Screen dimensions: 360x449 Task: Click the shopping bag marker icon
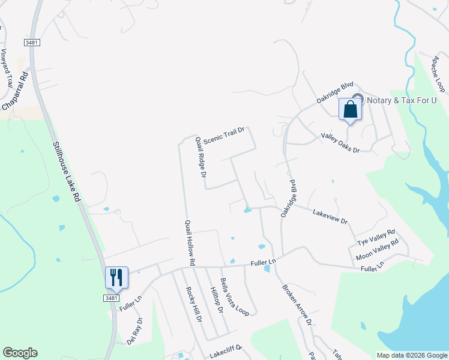pyautogui.click(x=351, y=110)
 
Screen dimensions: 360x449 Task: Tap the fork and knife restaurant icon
pyautogui.click(x=116, y=277)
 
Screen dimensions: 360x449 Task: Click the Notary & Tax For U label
pyautogui.click(x=401, y=100)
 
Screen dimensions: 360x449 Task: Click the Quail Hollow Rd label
pyautogui.click(x=189, y=242)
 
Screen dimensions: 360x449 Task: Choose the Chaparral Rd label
pyautogui.click(x=16, y=91)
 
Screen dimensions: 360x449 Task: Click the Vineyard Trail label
pyautogui.click(x=7, y=69)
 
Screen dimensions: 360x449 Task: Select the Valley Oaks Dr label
pyautogui.click(x=339, y=143)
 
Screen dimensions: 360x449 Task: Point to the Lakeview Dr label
pyautogui.click(x=330, y=217)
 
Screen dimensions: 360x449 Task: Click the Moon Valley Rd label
pyautogui.click(x=378, y=248)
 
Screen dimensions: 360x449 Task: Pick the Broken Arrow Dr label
pyautogui.click(x=297, y=304)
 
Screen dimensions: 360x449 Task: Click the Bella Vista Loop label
pyautogui.click(x=234, y=296)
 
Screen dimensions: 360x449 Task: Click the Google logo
pyautogui.click(x=20, y=353)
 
